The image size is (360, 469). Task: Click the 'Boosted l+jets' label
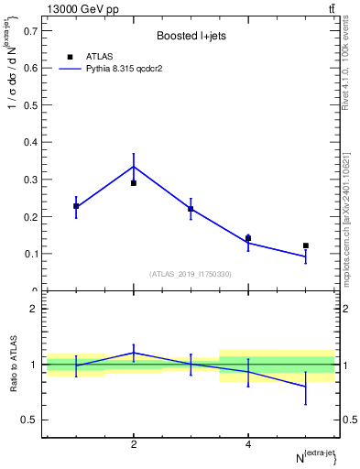(x=191, y=36)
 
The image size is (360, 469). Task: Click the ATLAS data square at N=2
(x=134, y=183)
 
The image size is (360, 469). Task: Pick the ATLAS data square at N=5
(x=306, y=245)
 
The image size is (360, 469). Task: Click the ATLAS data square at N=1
(x=76, y=206)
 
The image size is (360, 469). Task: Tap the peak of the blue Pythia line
(x=134, y=167)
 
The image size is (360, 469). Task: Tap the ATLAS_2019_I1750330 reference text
(x=191, y=274)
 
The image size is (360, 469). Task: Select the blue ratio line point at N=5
(x=306, y=387)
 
